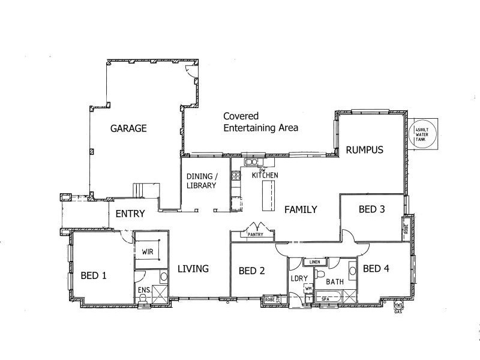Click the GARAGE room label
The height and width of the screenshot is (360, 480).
(x=128, y=128)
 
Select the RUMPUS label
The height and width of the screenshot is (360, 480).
(x=364, y=149)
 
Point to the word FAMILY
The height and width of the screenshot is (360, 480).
(x=301, y=209)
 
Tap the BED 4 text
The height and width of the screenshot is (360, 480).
(x=376, y=268)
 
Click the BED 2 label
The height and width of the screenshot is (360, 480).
(x=252, y=271)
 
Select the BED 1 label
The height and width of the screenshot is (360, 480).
(x=94, y=276)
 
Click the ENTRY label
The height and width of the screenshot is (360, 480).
(x=130, y=214)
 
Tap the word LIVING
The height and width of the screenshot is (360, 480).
(x=193, y=269)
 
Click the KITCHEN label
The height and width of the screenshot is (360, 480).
(x=265, y=175)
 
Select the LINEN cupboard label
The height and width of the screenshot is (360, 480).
(x=314, y=262)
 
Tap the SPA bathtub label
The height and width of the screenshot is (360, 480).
(x=325, y=298)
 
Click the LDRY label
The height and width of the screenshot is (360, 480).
(x=299, y=279)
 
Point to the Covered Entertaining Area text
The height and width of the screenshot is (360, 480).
(x=260, y=122)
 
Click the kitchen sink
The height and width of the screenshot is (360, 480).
(x=251, y=161)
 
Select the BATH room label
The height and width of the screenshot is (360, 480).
(x=334, y=281)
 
